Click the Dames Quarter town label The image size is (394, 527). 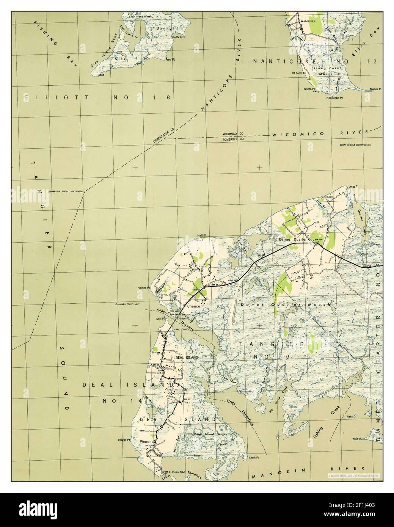[x=292, y=240]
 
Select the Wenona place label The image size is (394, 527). [x=146, y=442]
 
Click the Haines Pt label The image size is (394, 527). [x=144, y=288]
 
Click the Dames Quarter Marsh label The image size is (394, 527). [x=286, y=304]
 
